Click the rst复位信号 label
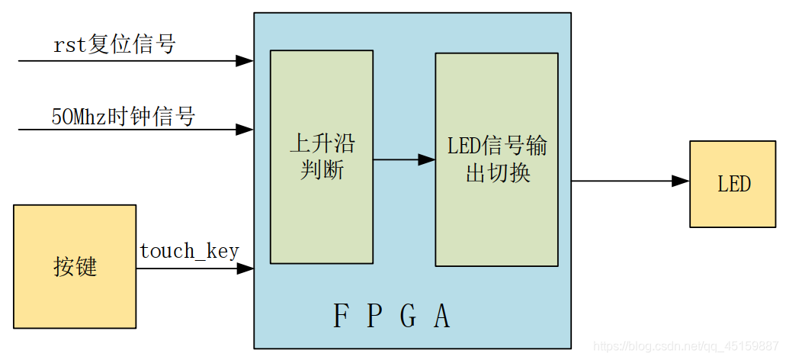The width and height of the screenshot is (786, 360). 114,45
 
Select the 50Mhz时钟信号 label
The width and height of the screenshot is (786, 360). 124,117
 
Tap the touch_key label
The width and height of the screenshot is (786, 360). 189,251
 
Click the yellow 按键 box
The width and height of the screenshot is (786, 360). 75,266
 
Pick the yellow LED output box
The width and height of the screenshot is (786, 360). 733,184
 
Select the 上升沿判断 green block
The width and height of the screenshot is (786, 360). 322,157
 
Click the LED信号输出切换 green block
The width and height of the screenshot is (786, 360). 496,159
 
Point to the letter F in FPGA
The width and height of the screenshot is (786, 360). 341,317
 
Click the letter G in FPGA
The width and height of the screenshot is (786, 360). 408,317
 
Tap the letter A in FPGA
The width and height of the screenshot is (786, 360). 442,317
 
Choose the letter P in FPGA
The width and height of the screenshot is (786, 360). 374,317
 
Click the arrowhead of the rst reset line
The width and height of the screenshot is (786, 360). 245,61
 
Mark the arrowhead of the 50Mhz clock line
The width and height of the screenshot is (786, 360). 245,130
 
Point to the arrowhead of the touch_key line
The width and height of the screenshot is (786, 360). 245,268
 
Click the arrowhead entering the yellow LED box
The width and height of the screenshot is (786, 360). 681,182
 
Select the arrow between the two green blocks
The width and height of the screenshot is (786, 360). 404,159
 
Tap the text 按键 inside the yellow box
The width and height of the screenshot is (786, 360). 75,267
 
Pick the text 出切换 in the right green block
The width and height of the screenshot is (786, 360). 497,173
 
